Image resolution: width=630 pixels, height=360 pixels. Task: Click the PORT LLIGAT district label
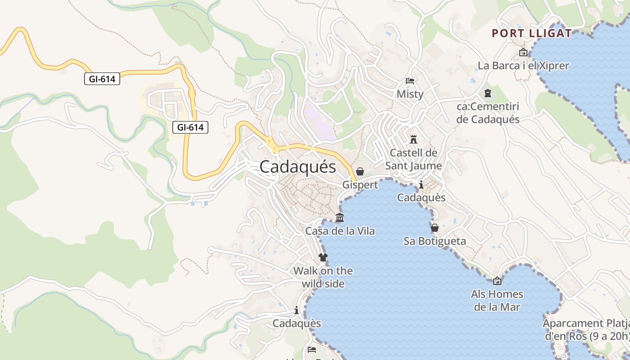[531, 33]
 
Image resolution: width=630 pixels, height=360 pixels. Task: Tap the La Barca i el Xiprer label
[523, 66]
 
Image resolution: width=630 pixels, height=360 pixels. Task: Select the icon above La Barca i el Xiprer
[523, 53]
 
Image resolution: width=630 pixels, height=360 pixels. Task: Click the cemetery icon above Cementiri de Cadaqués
[488, 94]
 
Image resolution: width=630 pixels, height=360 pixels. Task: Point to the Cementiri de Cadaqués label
[488, 113]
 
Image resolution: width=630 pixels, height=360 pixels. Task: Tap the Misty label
[410, 94]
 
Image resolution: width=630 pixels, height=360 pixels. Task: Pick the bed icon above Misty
[410, 81]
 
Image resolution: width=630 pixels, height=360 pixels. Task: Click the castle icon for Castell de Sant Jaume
[414, 139]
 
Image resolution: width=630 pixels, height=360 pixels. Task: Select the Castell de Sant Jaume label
[414, 159]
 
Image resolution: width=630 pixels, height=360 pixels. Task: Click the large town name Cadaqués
[297, 167]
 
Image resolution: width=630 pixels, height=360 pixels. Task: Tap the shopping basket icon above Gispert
[360, 171]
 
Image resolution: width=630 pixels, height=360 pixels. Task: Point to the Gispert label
[360, 185]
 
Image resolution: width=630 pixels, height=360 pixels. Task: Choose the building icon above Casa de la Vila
[340, 218]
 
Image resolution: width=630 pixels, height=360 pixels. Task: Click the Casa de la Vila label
[340, 231]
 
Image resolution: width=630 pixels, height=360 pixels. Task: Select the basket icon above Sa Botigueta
[435, 228]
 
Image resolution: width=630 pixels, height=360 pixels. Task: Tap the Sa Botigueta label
[435, 241]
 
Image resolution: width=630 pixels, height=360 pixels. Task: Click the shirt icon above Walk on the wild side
[323, 257]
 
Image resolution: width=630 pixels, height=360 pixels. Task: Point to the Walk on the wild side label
[323, 277]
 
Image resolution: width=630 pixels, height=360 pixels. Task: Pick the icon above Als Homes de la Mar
[497, 281]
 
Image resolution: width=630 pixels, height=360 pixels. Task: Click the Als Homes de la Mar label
[497, 301]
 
